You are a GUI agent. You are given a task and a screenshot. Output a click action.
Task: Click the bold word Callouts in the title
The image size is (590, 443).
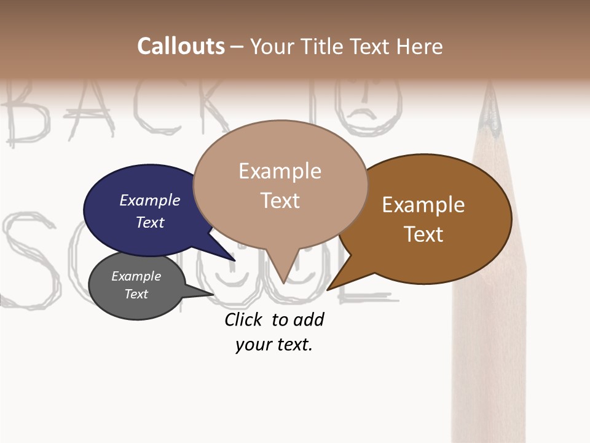click(x=181, y=46)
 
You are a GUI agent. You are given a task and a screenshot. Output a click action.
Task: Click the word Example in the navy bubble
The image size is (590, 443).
click(x=150, y=200)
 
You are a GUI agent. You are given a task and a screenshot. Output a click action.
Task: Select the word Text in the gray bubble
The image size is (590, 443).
click(x=136, y=294)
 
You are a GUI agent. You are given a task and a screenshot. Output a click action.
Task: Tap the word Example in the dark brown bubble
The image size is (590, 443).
click(x=423, y=205)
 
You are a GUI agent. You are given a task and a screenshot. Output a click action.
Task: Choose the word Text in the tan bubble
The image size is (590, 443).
click(x=280, y=201)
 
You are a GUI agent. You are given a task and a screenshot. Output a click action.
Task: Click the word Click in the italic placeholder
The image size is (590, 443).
click(x=244, y=319)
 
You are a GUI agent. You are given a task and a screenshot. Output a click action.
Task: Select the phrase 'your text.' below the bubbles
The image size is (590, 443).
click(x=274, y=345)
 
